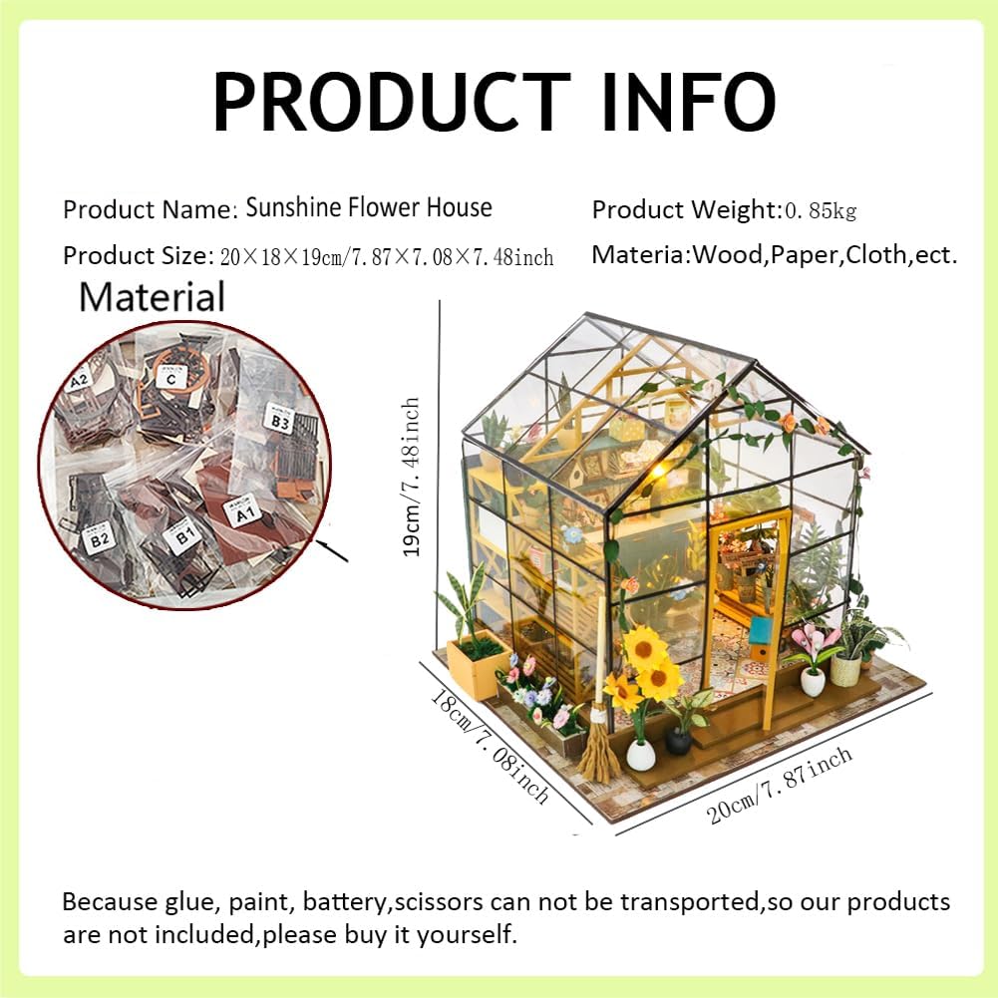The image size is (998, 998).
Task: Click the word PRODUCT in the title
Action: pos(392,101)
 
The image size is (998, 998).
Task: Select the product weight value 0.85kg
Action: pos(821,210)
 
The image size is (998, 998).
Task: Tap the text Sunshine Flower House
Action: pos(369,207)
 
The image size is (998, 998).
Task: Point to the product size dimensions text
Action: pos(387,256)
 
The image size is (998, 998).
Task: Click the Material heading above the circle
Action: pos(153,296)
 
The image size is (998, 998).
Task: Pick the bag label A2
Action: pos(79,381)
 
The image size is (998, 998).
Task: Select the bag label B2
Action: pos(99,539)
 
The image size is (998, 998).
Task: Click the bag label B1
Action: pos(183,536)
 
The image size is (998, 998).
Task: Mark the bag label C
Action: pos(170,378)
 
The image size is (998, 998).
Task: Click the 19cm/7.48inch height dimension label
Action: pos(411,477)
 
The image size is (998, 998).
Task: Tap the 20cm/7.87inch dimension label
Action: pos(780,785)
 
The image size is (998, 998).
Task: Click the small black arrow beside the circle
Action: pos(331,550)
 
